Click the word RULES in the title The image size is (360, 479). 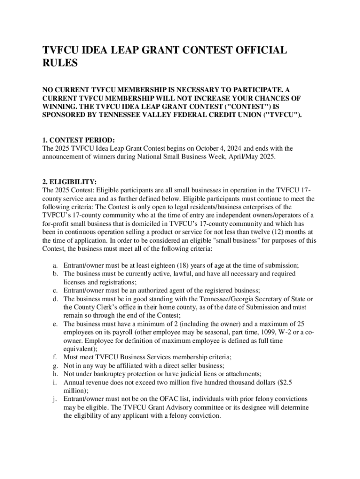(x=60, y=63)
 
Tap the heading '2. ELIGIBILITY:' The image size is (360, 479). (x=70, y=182)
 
